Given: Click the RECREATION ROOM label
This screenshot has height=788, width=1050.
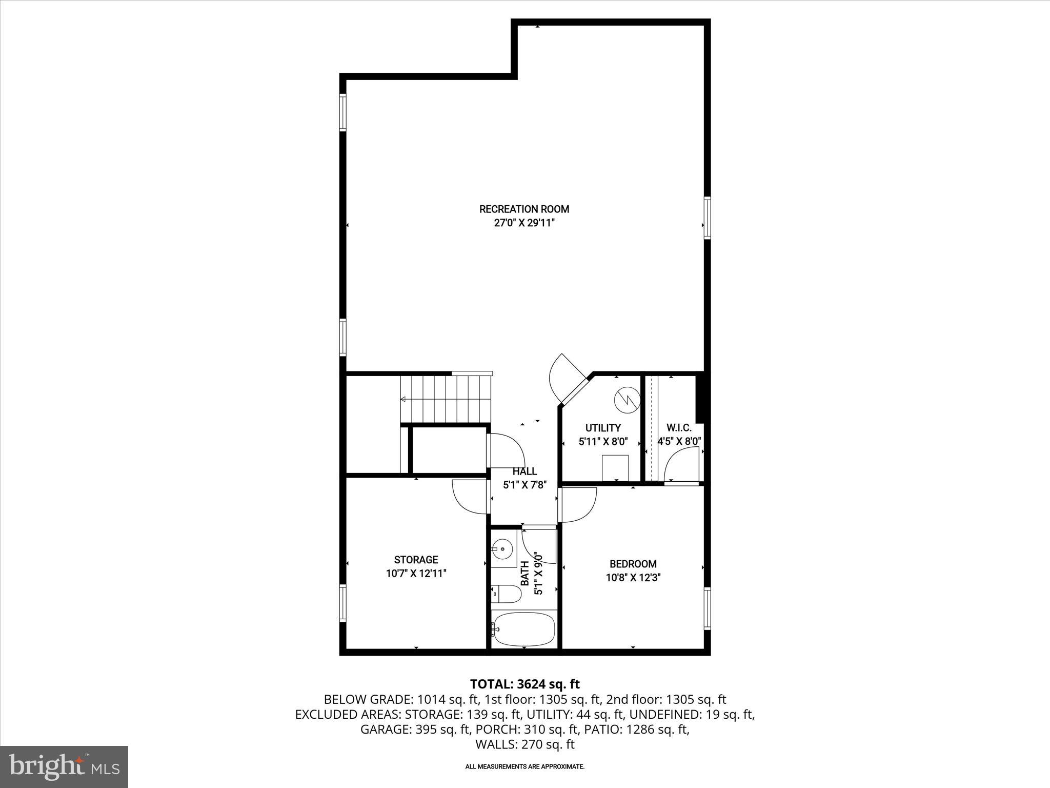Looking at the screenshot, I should pyautogui.click(x=524, y=209).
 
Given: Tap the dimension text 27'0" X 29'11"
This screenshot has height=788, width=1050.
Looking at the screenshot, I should pyautogui.click(x=524, y=223).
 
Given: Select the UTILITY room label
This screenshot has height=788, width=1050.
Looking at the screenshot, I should pyautogui.click(x=603, y=427).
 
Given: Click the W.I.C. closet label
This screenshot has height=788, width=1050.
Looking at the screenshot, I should pyautogui.click(x=679, y=427).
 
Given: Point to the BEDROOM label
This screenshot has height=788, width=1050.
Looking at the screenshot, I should pyautogui.click(x=633, y=564).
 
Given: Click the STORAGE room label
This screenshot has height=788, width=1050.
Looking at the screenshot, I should pyautogui.click(x=416, y=560).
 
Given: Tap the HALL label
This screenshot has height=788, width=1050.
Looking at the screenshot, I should pyautogui.click(x=524, y=471).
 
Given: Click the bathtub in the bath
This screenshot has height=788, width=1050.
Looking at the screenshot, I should pyautogui.click(x=523, y=628).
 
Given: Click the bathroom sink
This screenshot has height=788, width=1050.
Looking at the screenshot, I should pyautogui.click(x=503, y=549).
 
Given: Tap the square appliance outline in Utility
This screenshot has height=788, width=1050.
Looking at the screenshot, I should pyautogui.click(x=615, y=466).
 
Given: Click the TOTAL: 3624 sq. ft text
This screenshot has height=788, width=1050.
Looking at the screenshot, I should pyautogui.click(x=524, y=684).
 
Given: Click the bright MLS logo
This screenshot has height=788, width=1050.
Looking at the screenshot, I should pyautogui.click(x=64, y=766).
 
